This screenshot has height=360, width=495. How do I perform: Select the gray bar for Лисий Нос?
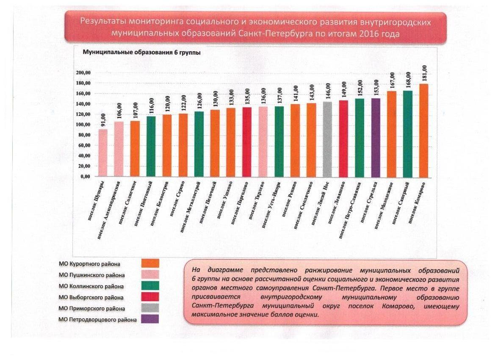(327, 140)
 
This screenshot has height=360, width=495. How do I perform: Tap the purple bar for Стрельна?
(376, 138)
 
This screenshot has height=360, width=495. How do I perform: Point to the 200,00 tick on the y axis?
(84, 73)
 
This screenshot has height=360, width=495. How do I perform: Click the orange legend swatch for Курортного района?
(150, 263)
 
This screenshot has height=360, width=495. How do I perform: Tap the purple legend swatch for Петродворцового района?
(150, 319)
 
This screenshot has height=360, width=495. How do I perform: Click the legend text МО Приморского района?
(91, 308)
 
